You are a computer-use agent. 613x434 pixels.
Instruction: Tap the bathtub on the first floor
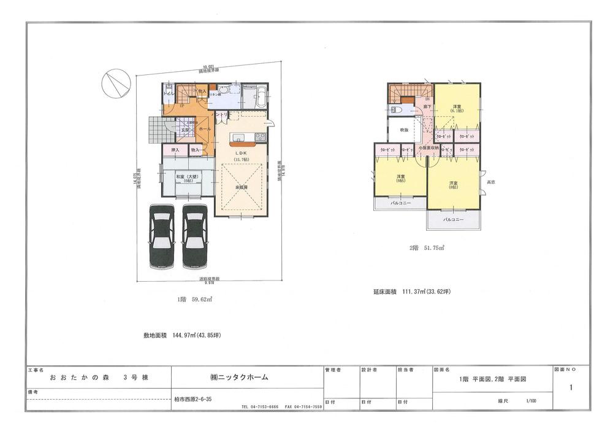point(254,97)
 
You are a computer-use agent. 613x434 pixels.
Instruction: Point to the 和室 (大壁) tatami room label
point(186,177)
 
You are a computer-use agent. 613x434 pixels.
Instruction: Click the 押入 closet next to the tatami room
point(175,149)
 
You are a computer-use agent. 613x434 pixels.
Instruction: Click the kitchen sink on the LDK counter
point(237,136)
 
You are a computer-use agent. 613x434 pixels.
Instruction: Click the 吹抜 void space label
point(404,130)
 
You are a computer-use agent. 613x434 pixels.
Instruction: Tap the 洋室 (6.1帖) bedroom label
point(457,109)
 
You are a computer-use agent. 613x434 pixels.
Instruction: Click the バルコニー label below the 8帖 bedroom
point(453,219)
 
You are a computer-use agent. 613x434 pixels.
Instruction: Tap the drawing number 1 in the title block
point(571,387)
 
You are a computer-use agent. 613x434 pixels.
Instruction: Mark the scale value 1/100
point(530,401)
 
